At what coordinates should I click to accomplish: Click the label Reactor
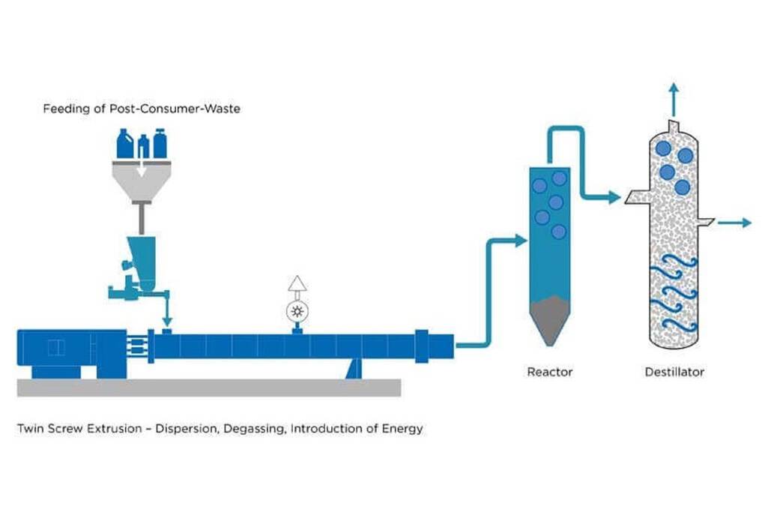[x=549, y=371]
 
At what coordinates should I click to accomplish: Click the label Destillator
[x=674, y=371]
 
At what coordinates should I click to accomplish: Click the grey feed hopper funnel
[x=142, y=180]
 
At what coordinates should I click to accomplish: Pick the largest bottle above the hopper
[x=125, y=144]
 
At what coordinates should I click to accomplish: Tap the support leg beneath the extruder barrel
[x=354, y=367]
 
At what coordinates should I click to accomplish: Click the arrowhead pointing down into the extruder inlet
[x=166, y=322]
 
